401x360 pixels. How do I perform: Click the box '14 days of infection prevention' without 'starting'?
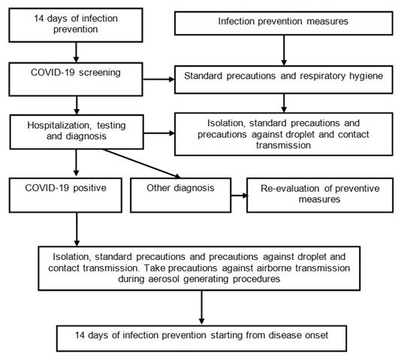point(76,25)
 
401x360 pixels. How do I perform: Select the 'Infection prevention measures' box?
point(284,23)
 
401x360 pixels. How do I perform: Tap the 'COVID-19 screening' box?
point(76,80)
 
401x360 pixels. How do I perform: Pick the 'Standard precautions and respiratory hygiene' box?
point(284,80)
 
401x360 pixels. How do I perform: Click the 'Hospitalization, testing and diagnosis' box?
point(77,132)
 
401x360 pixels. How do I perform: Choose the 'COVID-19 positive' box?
point(65,195)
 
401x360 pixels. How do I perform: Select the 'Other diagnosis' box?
point(181,195)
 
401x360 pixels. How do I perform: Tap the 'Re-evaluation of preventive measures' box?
point(320,195)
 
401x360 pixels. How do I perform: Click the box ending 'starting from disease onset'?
point(201,338)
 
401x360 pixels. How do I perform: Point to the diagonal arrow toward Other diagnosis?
point(141,164)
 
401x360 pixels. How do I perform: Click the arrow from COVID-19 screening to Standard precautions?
point(158,80)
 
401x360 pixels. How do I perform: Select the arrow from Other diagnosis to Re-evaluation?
point(240,195)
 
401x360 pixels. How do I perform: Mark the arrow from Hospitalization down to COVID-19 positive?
point(76,163)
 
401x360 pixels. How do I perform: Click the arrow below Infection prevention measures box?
point(284,50)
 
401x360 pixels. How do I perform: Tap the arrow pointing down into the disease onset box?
point(201,308)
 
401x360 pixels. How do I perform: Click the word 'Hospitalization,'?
point(59,126)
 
